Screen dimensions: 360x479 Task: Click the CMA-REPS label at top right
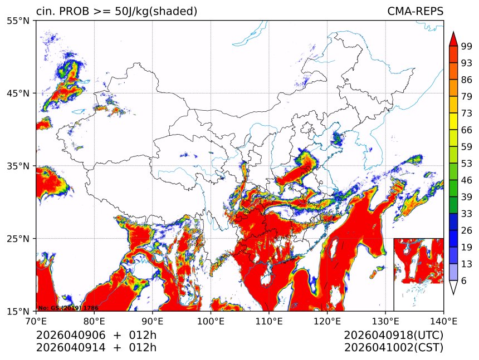click(x=415, y=12)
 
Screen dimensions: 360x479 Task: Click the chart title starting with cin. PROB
click(x=116, y=12)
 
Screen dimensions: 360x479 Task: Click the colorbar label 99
click(x=467, y=47)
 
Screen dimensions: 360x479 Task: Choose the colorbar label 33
click(x=467, y=214)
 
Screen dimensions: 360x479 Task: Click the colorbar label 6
click(x=464, y=281)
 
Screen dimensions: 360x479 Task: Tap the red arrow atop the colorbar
click(x=453, y=38)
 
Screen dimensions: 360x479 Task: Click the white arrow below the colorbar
click(x=453, y=287)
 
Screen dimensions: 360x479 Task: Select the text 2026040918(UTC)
click(x=393, y=336)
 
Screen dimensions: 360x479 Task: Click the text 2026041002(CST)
click(x=393, y=348)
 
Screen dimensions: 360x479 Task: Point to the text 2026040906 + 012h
click(x=96, y=336)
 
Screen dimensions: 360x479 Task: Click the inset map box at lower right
click(x=418, y=274)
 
